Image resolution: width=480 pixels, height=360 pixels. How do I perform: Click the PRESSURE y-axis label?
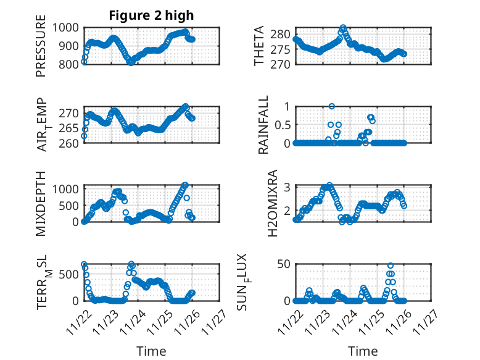point(41,49)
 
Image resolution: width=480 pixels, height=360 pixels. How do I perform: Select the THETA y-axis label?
point(259,46)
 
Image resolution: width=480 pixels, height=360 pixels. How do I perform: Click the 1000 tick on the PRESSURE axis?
point(65,27)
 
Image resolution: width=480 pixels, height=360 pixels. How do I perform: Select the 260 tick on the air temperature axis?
point(69,143)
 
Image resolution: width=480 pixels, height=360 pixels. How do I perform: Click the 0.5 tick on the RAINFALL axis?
point(282,124)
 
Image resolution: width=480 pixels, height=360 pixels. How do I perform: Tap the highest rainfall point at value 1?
point(332,107)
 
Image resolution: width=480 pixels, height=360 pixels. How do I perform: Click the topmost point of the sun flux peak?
point(391,266)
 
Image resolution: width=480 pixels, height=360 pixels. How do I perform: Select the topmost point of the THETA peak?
point(344,28)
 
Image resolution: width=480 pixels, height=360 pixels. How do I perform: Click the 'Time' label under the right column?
point(363,351)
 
